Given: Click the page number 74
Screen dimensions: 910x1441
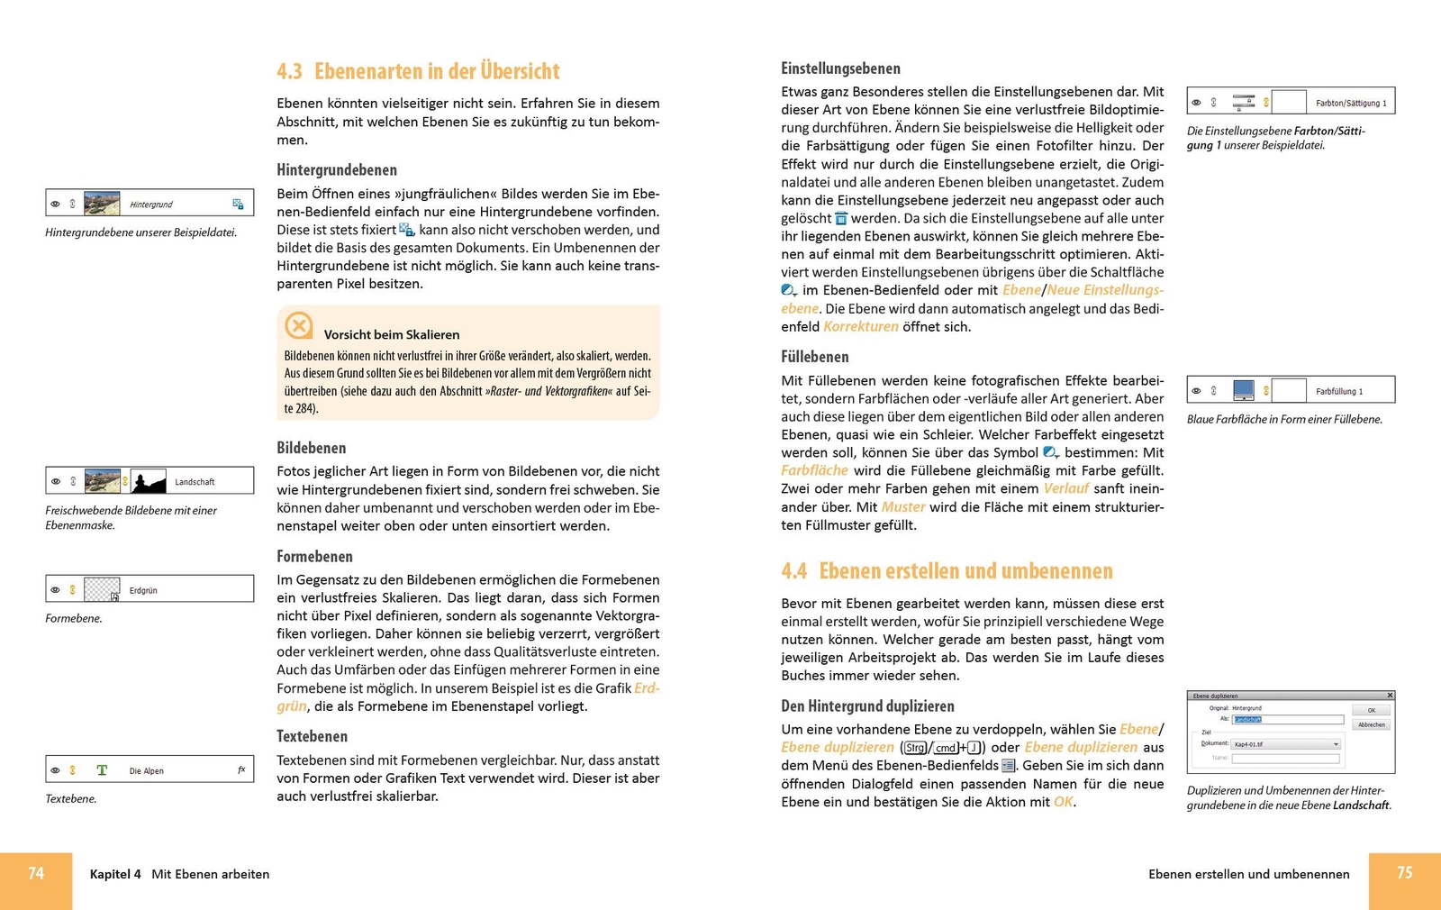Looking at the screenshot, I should click(x=36, y=873).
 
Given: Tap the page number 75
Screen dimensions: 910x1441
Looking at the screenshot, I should click(x=1404, y=873).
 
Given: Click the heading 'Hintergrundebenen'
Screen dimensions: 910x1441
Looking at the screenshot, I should click(x=336, y=170).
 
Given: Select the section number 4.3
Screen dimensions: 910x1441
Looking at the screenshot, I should click(x=289, y=71).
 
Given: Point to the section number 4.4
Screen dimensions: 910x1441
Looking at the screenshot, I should click(x=793, y=571).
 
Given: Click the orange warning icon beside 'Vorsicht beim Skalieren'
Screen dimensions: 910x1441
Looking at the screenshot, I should click(x=299, y=325).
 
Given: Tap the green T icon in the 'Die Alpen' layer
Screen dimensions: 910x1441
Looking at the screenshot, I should click(x=102, y=770).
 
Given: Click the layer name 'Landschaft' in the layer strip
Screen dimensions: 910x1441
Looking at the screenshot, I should click(x=195, y=482).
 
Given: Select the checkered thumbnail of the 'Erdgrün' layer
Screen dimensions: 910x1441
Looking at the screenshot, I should click(x=102, y=590).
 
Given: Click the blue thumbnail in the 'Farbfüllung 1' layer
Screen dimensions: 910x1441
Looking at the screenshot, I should click(x=1243, y=390).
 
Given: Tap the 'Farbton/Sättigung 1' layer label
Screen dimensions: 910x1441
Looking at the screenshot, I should click(x=1350, y=104).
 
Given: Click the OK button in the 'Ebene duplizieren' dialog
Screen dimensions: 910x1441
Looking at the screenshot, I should click(x=1371, y=710).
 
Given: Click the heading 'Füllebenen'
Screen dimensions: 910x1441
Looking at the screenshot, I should click(x=814, y=357).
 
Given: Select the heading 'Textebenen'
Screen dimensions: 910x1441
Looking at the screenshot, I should click(x=312, y=737).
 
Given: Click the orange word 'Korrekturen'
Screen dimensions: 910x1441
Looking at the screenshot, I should click(x=860, y=327).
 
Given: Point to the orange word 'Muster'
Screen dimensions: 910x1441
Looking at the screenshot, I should click(x=902, y=507).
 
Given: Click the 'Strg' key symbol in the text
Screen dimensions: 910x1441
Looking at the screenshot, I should click(x=915, y=748).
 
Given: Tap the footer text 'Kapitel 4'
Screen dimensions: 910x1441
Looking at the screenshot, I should click(x=115, y=874).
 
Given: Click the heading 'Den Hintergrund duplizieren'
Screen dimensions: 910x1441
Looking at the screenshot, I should click(x=867, y=706).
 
